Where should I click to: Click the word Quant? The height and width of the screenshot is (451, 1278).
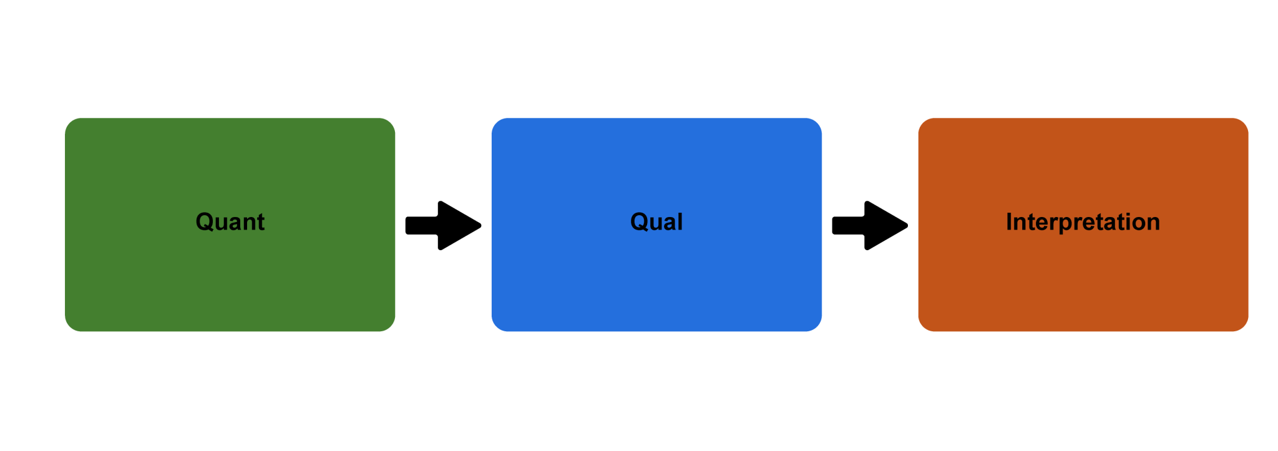pyautogui.click(x=230, y=222)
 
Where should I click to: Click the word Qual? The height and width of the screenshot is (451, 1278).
pyautogui.click(x=656, y=222)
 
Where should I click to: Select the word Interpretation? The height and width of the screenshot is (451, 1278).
pyautogui.click(x=1083, y=222)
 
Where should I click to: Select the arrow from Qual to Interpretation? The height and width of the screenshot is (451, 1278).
pyautogui.click(x=871, y=225)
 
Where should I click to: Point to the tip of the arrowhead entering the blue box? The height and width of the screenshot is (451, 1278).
pyautogui.click(x=479, y=225)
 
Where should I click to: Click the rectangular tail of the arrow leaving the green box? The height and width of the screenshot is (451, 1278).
pyautogui.click(x=422, y=225)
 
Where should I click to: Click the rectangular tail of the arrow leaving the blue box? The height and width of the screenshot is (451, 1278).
pyautogui.click(x=848, y=225)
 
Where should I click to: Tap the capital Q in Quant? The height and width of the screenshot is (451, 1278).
pyautogui.click(x=205, y=221)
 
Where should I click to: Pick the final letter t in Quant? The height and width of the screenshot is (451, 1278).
pyautogui.click(x=261, y=222)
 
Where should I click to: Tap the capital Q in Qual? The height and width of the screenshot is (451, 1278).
pyautogui.click(x=640, y=221)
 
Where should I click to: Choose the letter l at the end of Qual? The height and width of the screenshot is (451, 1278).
pyautogui.click(x=680, y=221)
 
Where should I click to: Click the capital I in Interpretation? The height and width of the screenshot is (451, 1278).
pyautogui.click(x=1009, y=221)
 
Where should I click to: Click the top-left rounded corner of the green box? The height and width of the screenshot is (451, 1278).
pyautogui.click(x=71, y=124)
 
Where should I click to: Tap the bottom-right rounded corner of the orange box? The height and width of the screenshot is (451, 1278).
pyautogui.click(x=1242, y=325)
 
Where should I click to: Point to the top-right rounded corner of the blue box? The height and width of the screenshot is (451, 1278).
pyautogui.click(x=816, y=124)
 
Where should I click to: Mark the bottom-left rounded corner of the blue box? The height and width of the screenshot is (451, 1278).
pyautogui.click(x=497, y=325)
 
